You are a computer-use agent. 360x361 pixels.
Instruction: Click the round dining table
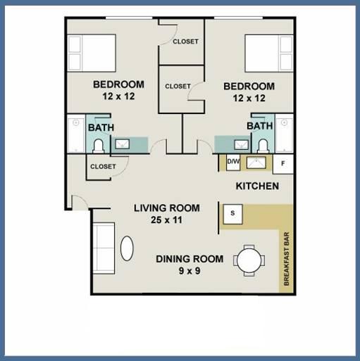pos(249,260)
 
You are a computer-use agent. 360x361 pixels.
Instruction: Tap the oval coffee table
pos(127,248)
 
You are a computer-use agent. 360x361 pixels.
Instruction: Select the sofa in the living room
pos(104,248)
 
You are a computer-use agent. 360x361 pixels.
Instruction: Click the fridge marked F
pos(283,164)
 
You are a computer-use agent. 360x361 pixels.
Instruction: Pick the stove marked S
pos(232,214)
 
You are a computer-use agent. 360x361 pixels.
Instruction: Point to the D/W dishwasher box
pos(233,162)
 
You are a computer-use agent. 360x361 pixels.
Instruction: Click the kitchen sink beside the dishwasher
pos(256,163)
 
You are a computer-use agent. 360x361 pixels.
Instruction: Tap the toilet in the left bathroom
pos(98,146)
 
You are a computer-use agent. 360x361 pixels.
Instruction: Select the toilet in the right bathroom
pos(263,146)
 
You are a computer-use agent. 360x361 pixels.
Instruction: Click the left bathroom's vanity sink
pos(122,144)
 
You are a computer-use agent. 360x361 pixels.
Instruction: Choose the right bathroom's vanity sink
pos(241,144)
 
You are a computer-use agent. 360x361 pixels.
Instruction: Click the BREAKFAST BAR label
pos(287,259)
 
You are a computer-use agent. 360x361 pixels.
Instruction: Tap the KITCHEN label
pos(257,186)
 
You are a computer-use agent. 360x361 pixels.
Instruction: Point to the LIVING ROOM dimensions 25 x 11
pos(166,220)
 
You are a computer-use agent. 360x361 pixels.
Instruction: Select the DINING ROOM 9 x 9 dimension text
pos(190,271)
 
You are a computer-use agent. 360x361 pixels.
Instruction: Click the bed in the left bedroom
pos(92,53)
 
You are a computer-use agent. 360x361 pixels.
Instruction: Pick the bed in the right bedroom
pos(269,53)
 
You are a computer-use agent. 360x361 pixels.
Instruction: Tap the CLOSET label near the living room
pos(103,167)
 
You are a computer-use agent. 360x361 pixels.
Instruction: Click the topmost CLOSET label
pos(185,42)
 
